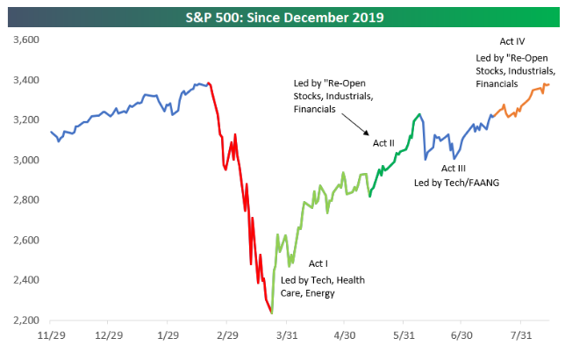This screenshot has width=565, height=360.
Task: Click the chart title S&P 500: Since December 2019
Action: pos(282,15)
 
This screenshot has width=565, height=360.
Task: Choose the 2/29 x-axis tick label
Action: pos(226,335)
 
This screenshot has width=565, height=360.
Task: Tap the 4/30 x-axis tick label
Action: pos(345,335)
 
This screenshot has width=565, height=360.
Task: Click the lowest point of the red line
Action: pos(271,313)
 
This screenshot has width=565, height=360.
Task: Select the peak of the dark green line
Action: pos(418,114)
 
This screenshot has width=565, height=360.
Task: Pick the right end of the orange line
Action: pos(549,84)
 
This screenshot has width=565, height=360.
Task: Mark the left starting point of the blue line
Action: pos(51,132)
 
